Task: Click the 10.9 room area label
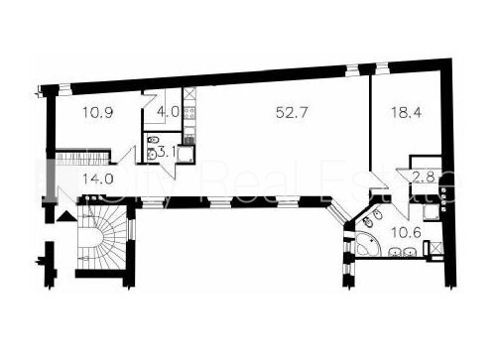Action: (98, 113)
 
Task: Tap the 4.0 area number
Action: (168, 112)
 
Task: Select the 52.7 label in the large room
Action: (292, 112)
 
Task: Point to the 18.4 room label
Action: (407, 112)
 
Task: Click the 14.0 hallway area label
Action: (98, 179)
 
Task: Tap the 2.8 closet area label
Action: (424, 178)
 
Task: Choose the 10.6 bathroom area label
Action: (406, 232)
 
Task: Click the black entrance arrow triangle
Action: (66, 216)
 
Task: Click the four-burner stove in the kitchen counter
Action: (189, 113)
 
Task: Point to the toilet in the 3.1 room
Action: (153, 141)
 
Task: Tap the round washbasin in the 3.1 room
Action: (152, 155)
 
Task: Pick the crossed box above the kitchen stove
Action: (189, 93)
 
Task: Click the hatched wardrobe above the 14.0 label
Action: (82, 159)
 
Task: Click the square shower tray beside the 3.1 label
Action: (186, 155)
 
